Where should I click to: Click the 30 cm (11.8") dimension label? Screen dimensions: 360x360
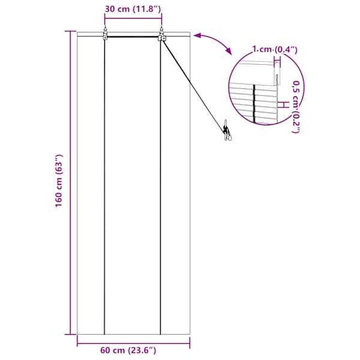133,9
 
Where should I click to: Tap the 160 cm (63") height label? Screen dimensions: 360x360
59,181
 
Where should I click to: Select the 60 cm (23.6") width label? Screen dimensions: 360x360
128,350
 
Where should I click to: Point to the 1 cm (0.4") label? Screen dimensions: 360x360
275,49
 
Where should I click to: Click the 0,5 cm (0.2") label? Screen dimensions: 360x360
296,107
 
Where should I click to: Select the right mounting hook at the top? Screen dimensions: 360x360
162,34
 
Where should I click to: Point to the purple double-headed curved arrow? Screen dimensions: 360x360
212,41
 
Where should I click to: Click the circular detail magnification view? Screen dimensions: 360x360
266,88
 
